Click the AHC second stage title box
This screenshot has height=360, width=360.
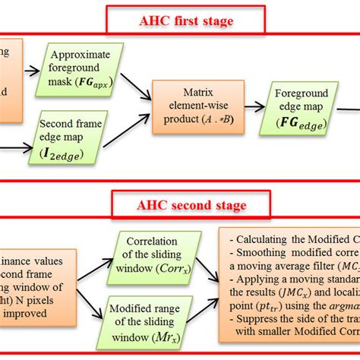tap(179, 204)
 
